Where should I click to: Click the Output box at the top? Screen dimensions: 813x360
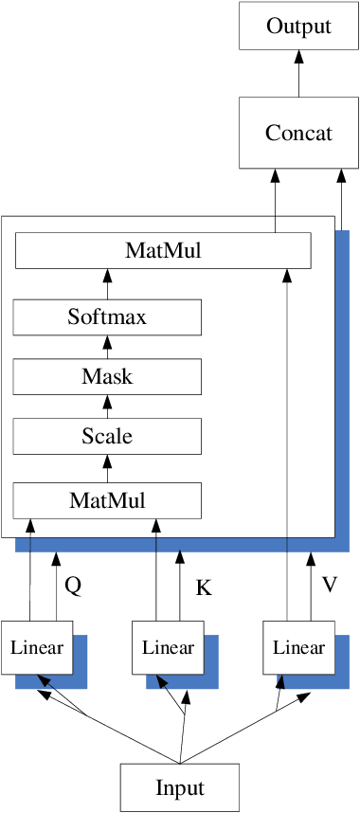[x=298, y=26]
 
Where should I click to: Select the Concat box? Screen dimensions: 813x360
[x=298, y=132]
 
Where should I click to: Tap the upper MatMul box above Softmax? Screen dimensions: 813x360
[x=163, y=251]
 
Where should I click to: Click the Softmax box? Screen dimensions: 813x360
[x=107, y=316]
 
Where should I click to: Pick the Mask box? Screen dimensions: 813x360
[x=107, y=377]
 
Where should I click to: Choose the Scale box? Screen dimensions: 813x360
[x=107, y=437]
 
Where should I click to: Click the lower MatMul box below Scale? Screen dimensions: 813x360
[x=107, y=499]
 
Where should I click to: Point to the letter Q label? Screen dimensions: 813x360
[x=72, y=586]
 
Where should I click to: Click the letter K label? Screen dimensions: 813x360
[x=203, y=587]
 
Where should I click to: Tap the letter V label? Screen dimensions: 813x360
[x=330, y=585]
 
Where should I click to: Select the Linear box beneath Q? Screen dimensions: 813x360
[x=37, y=648]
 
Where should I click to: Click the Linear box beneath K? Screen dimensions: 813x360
[x=168, y=648]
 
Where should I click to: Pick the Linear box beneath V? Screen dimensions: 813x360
[x=298, y=648]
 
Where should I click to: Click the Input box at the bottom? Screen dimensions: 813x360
[x=180, y=787]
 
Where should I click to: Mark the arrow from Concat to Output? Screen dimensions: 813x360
[x=298, y=73]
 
